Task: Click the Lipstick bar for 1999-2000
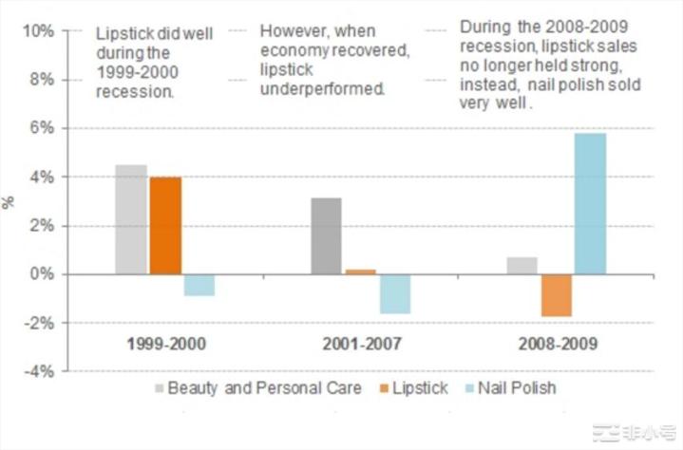pos(165,226)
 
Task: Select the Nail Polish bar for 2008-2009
pos(590,204)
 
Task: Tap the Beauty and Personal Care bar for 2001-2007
pos(325,236)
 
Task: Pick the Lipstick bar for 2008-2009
pos(557,295)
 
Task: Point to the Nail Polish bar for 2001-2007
pos(394,293)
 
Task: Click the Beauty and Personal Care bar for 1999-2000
pos(131,219)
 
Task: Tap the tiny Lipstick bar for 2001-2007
pos(360,272)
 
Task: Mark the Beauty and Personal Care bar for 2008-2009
pos(522,266)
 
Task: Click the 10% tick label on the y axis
pos(37,30)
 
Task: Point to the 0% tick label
pos(41,274)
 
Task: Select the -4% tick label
pos(38,371)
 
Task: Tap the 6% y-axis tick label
pos(41,128)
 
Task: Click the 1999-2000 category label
pos(165,344)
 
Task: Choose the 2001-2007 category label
pos(360,344)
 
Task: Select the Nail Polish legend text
pos(517,387)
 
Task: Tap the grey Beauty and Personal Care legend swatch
pos(160,387)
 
